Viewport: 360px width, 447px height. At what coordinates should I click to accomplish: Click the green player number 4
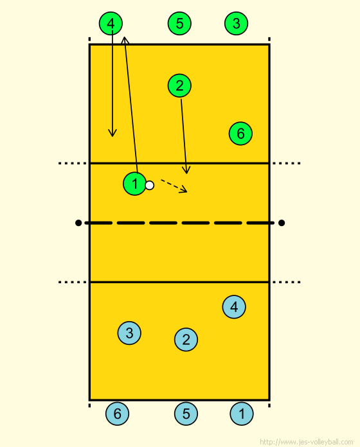111,23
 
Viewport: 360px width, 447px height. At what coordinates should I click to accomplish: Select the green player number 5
179,23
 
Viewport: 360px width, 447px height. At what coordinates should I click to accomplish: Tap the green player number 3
236,23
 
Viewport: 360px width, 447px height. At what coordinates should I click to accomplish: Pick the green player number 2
179,85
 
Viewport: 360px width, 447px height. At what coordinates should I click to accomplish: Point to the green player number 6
240,134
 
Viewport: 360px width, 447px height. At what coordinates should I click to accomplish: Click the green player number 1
135,184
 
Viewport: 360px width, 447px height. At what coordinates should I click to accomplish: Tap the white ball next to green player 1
150,186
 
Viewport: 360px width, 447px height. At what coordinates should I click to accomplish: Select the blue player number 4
234,307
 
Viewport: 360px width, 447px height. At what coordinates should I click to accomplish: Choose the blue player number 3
129,333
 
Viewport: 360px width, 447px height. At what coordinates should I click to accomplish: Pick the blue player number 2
186,340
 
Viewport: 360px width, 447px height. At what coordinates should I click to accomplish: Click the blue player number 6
117,414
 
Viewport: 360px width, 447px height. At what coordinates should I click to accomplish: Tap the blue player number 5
186,414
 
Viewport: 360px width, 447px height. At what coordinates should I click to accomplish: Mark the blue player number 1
242,414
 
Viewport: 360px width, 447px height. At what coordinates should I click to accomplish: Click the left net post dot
78,223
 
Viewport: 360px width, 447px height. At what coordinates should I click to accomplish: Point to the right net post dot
282,223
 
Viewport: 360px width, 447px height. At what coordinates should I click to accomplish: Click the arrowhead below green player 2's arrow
186,170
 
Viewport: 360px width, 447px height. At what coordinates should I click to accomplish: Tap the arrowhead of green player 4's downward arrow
113,133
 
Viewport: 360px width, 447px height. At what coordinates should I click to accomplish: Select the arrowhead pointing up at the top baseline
124,40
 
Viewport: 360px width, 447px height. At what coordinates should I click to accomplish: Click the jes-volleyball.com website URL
307,442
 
